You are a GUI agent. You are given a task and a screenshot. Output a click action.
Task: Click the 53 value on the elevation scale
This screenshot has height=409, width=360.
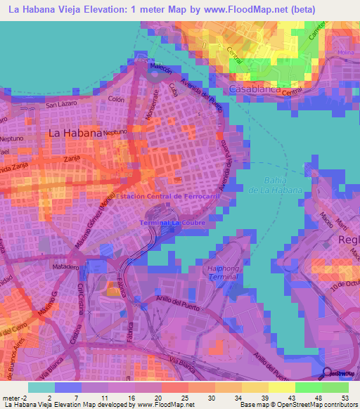pyautogui.click(x=345, y=397)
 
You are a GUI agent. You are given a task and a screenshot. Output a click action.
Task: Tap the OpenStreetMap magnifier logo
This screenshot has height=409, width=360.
pyautogui.click(x=327, y=372)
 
